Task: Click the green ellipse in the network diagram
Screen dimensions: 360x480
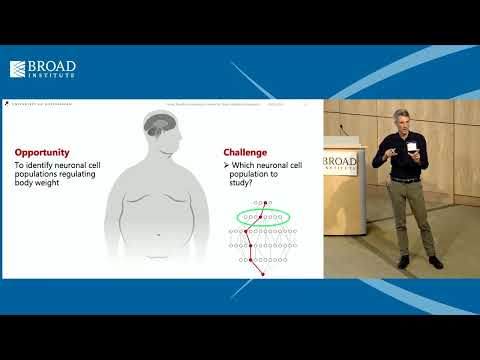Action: tap(262, 216)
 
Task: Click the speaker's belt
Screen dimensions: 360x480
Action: tap(405, 180)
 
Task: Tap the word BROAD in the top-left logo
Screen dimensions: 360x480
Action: tap(56, 66)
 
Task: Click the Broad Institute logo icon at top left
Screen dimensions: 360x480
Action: tap(18, 69)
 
